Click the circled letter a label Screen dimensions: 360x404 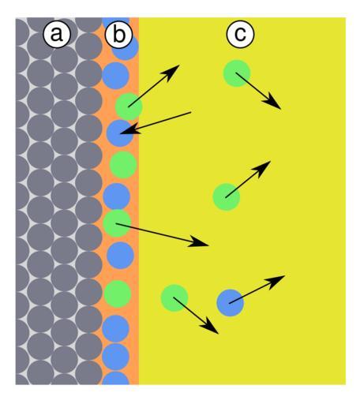pyautogui.click(x=57, y=34)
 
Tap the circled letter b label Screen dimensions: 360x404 pyautogui.click(x=118, y=34)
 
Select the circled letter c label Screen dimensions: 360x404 pyautogui.click(x=240, y=34)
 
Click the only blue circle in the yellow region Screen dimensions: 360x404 pyautogui.click(x=231, y=303)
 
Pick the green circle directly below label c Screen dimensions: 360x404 pyautogui.click(x=237, y=73)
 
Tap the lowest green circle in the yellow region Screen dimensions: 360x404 pyautogui.click(x=174, y=297)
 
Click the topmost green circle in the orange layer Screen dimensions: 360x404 pyautogui.click(x=129, y=107)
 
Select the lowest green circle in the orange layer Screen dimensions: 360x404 pyautogui.click(x=118, y=294)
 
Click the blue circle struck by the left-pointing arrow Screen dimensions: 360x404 pyautogui.click(x=120, y=133)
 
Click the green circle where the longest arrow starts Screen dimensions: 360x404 pyautogui.click(x=117, y=223)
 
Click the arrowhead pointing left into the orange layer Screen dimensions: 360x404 pyautogui.click(x=129, y=130)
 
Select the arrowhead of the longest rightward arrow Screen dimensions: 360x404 pyautogui.click(x=199, y=242)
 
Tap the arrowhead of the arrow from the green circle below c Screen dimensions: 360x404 pyautogui.click(x=273, y=103)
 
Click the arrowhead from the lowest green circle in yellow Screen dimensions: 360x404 pyautogui.click(x=211, y=327)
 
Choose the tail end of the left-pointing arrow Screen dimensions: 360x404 pyautogui.click(x=191, y=112)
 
